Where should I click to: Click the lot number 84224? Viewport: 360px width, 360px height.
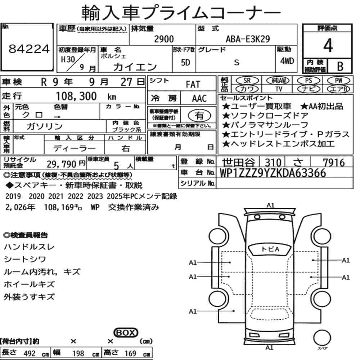[29, 49]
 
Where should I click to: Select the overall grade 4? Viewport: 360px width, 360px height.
[328, 45]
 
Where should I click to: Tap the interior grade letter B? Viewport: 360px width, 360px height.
[340, 67]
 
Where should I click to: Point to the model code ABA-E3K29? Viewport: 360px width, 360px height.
[248, 39]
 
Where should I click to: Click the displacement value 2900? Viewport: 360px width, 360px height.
[164, 39]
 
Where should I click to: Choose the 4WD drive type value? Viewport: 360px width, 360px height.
[287, 61]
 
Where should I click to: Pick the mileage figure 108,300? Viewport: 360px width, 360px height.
[76, 96]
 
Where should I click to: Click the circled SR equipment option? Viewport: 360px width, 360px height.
[247, 81]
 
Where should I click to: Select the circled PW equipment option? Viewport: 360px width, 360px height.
[338, 81]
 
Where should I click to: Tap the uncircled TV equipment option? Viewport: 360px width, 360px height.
[279, 89]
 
